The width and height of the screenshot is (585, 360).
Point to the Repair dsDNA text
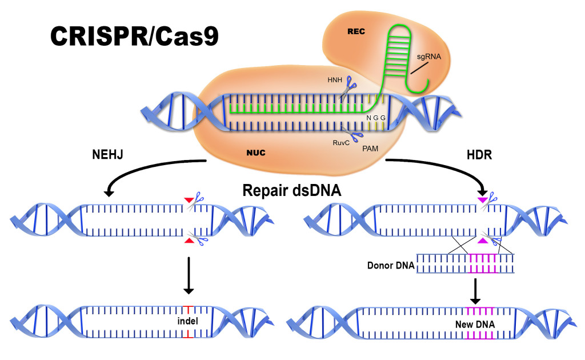pyautogui.click(x=292, y=192)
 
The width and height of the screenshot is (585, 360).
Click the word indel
pyautogui.click(x=188, y=321)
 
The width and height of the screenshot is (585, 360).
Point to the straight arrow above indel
pyautogui.click(x=188, y=274)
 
